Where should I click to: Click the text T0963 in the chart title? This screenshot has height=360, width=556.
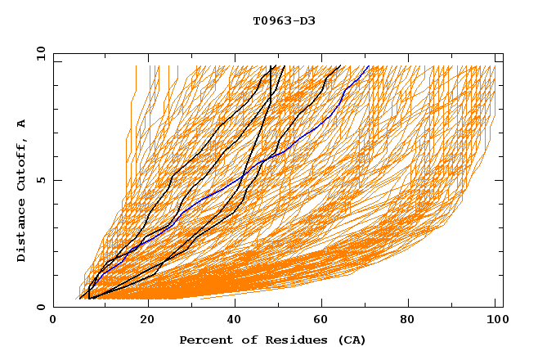coord(269,21)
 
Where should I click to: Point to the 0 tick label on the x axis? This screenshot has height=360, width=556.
coord(53,321)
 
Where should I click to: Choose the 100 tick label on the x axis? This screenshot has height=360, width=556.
coord(495,321)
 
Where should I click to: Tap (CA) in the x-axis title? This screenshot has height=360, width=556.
coord(349,340)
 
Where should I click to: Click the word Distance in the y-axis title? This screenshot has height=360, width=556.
coord(22,230)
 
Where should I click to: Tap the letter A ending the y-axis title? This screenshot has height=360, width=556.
coord(22,124)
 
